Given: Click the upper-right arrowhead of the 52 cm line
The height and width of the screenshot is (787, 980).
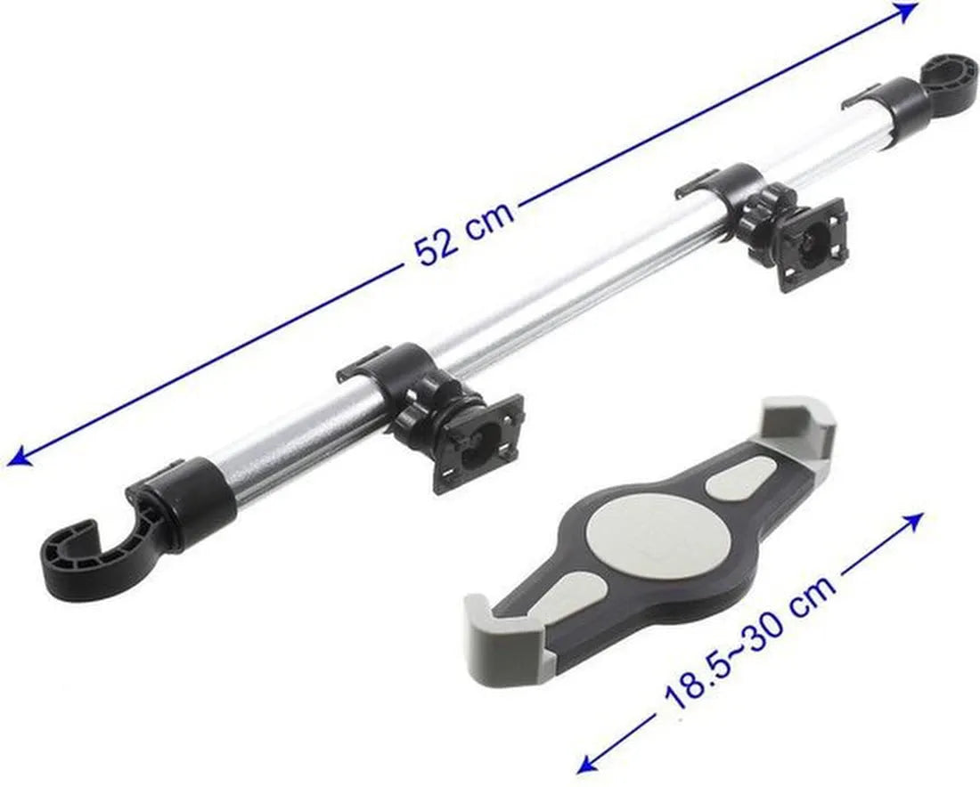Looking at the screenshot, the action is (906, 12).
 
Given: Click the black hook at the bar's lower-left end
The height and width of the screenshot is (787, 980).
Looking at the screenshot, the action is (100, 549).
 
